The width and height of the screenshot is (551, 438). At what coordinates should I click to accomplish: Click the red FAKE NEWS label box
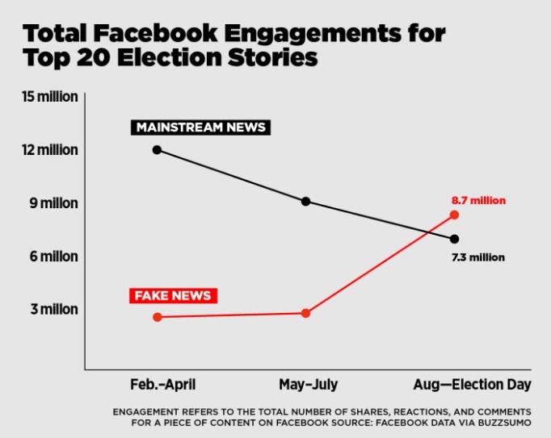[173, 295]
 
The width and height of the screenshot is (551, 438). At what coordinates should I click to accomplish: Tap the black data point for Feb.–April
[157, 149]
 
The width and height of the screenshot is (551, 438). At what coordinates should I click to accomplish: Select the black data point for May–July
[305, 201]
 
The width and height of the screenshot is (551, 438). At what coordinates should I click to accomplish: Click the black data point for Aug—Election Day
[454, 239]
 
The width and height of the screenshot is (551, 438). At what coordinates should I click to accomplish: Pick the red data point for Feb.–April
[157, 317]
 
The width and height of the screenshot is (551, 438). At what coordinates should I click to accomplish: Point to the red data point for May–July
[305, 313]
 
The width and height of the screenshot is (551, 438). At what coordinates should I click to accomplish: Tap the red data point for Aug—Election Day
[454, 215]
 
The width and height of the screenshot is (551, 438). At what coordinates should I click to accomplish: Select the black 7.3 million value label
[478, 257]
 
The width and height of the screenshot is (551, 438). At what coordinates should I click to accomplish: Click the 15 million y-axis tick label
[50, 97]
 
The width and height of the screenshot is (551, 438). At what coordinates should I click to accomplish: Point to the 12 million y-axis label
[50, 150]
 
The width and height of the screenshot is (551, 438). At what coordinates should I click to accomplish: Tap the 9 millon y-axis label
[53, 203]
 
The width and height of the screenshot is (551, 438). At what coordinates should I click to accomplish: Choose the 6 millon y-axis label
[53, 257]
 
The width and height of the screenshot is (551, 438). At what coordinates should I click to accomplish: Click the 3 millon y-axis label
[53, 310]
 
